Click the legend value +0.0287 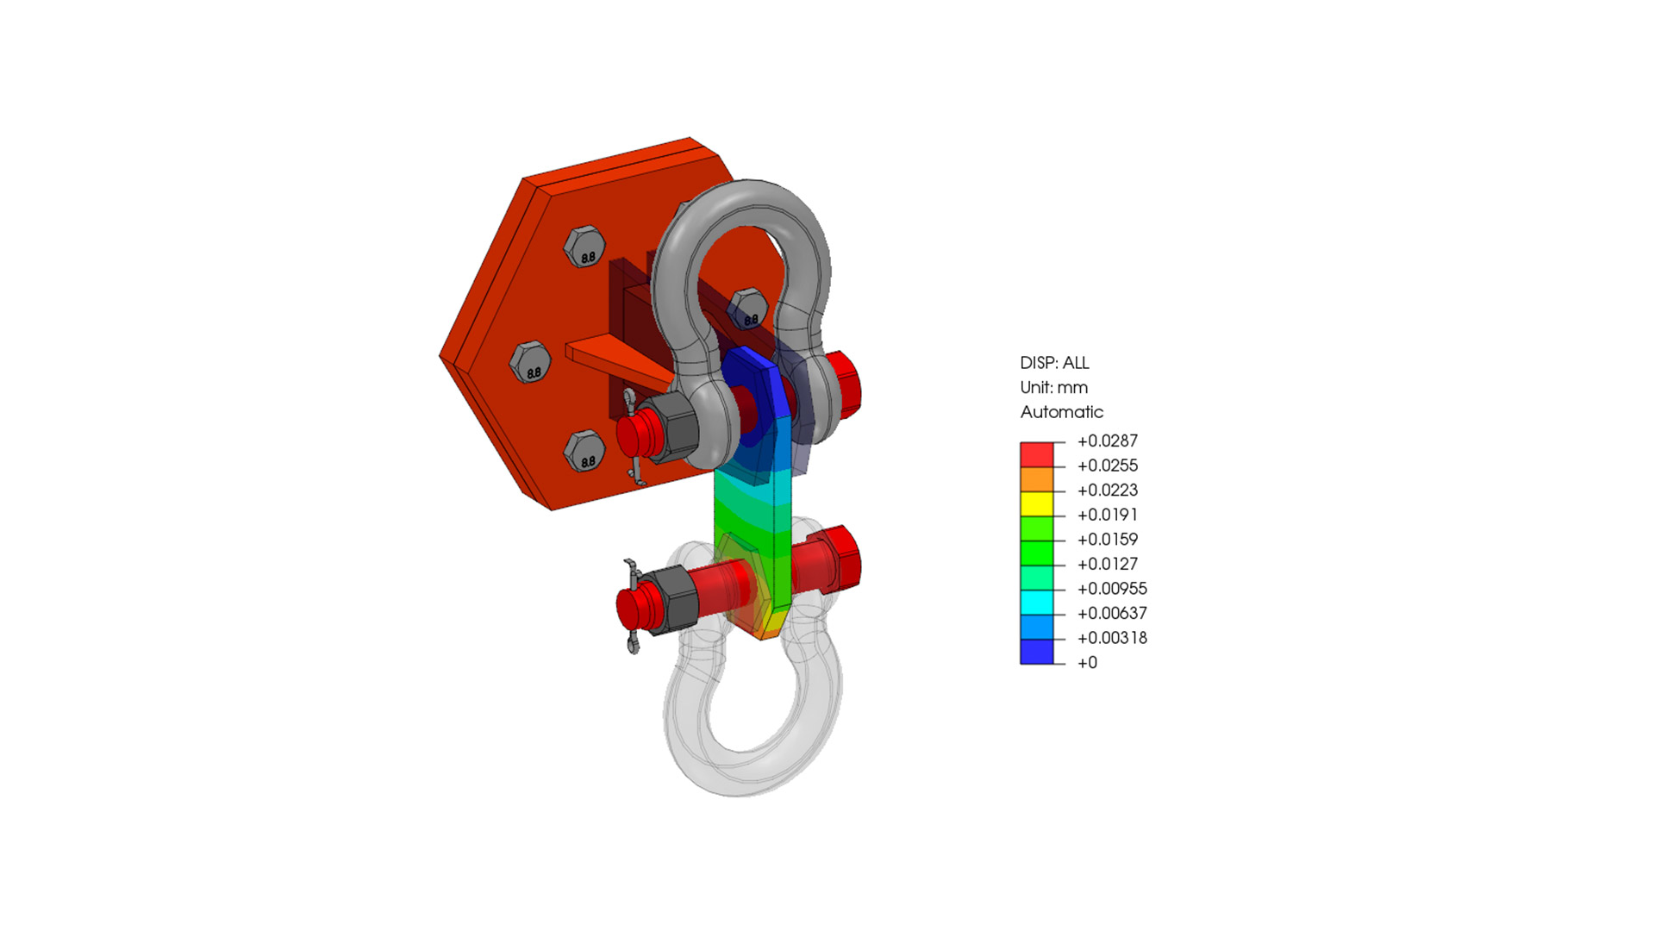pos(1107,441)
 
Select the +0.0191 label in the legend pos(1107,515)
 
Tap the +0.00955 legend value pos(1112,589)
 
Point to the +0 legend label pos(1087,663)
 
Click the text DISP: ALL pos(1054,363)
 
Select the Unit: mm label pos(1053,388)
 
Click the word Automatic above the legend pos(1061,412)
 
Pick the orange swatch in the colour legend pos(1037,479)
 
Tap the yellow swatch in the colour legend pos(1037,504)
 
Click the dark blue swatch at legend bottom pos(1037,652)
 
